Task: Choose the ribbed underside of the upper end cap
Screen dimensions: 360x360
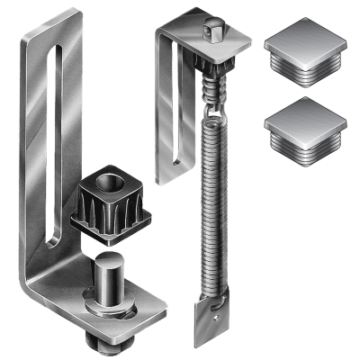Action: [x=308, y=72]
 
